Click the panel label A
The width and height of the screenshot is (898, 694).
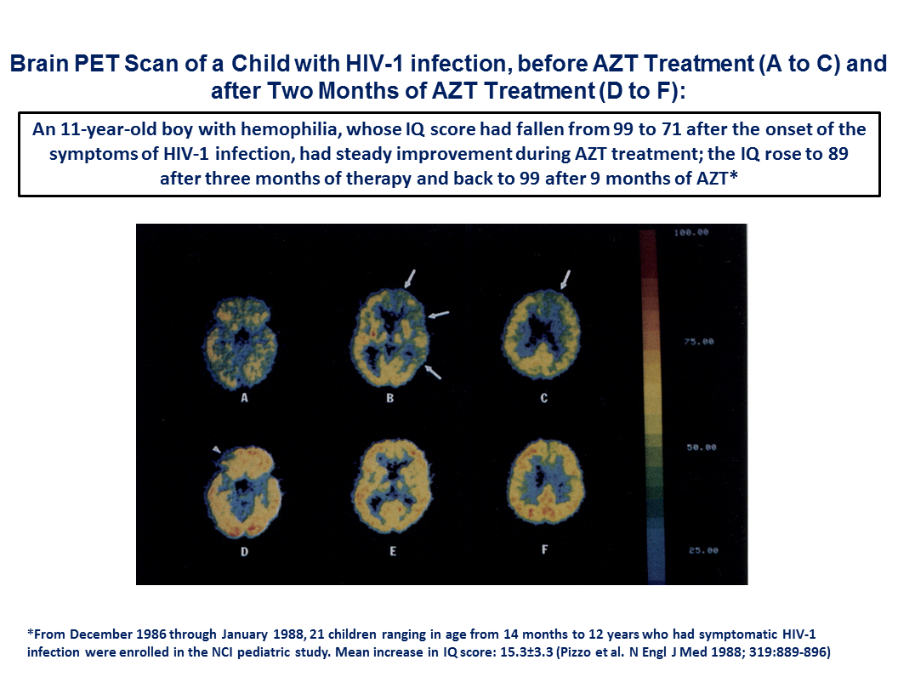click(x=245, y=398)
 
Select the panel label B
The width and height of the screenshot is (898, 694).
click(x=390, y=398)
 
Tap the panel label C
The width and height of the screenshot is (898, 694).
click(x=544, y=398)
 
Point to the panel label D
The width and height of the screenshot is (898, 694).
click(x=245, y=551)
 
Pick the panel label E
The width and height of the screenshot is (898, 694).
click(x=393, y=551)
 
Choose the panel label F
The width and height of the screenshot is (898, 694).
click(x=544, y=549)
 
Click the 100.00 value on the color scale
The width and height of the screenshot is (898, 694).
click(x=691, y=232)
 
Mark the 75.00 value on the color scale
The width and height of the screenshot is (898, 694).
click(x=699, y=342)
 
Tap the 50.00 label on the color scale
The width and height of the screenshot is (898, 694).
click(x=702, y=447)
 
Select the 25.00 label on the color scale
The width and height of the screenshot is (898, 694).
click(x=703, y=550)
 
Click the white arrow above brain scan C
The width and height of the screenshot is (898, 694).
click(x=566, y=280)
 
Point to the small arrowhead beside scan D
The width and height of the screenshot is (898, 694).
click(x=217, y=450)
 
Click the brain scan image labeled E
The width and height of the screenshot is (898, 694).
click(x=393, y=486)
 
